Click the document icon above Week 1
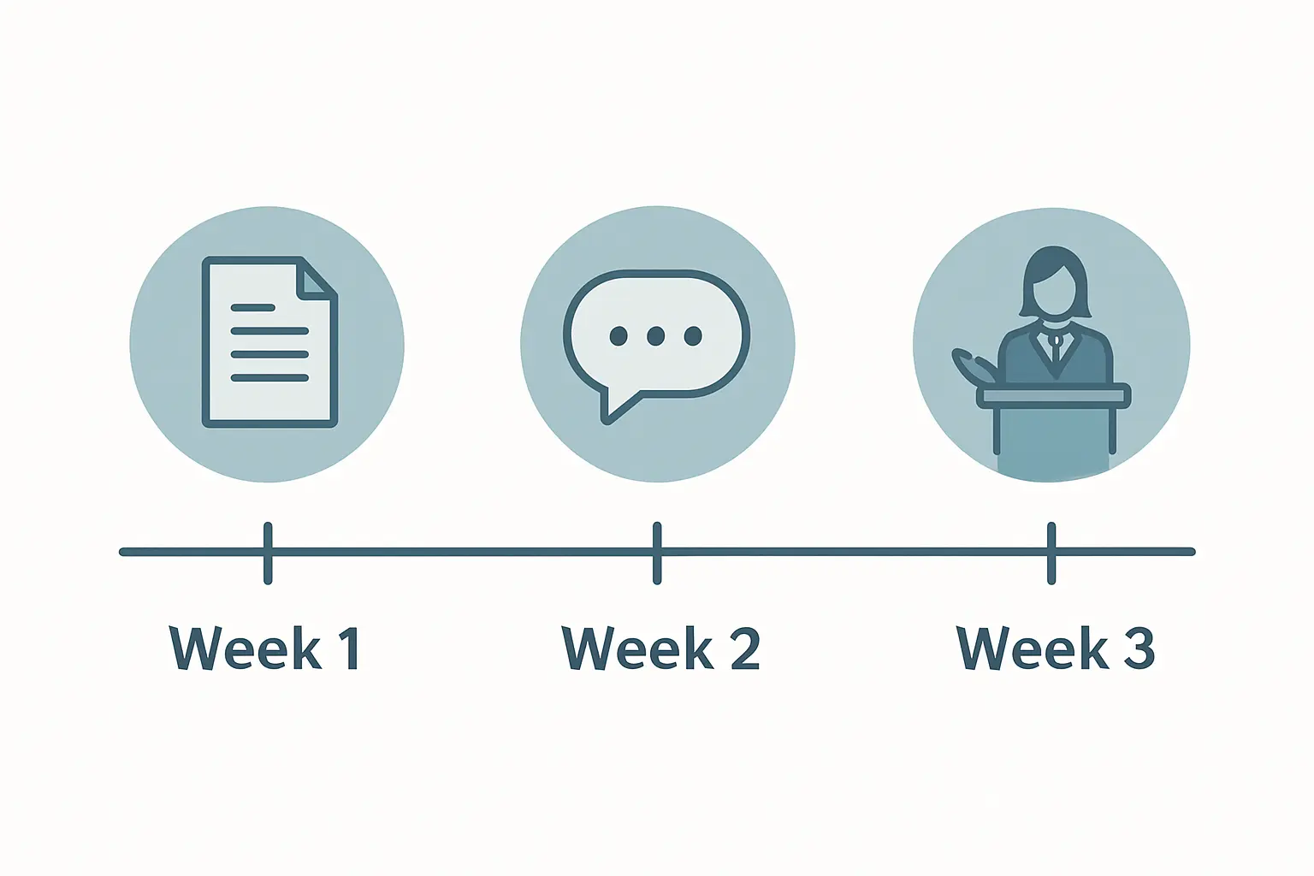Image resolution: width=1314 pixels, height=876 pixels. (x=269, y=342)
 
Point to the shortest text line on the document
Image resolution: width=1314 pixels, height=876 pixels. (x=253, y=307)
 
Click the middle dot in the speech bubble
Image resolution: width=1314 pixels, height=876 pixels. (x=656, y=335)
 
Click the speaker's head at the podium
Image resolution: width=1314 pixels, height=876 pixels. (x=1054, y=281)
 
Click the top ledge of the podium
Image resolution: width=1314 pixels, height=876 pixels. (x=1054, y=395)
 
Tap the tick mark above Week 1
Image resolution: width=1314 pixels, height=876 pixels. (x=268, y=553)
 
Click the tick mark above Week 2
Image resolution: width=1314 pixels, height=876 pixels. (x=657, y=553)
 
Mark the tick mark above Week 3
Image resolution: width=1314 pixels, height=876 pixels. (x=1051, y=553)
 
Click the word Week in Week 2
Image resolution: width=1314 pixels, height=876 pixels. (x=637, y=648)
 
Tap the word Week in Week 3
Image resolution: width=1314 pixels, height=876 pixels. (x=1033, y=648)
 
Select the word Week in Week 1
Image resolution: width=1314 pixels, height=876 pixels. (x=246, y=648)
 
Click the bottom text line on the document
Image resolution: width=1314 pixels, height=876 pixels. (x=269, y=378)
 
